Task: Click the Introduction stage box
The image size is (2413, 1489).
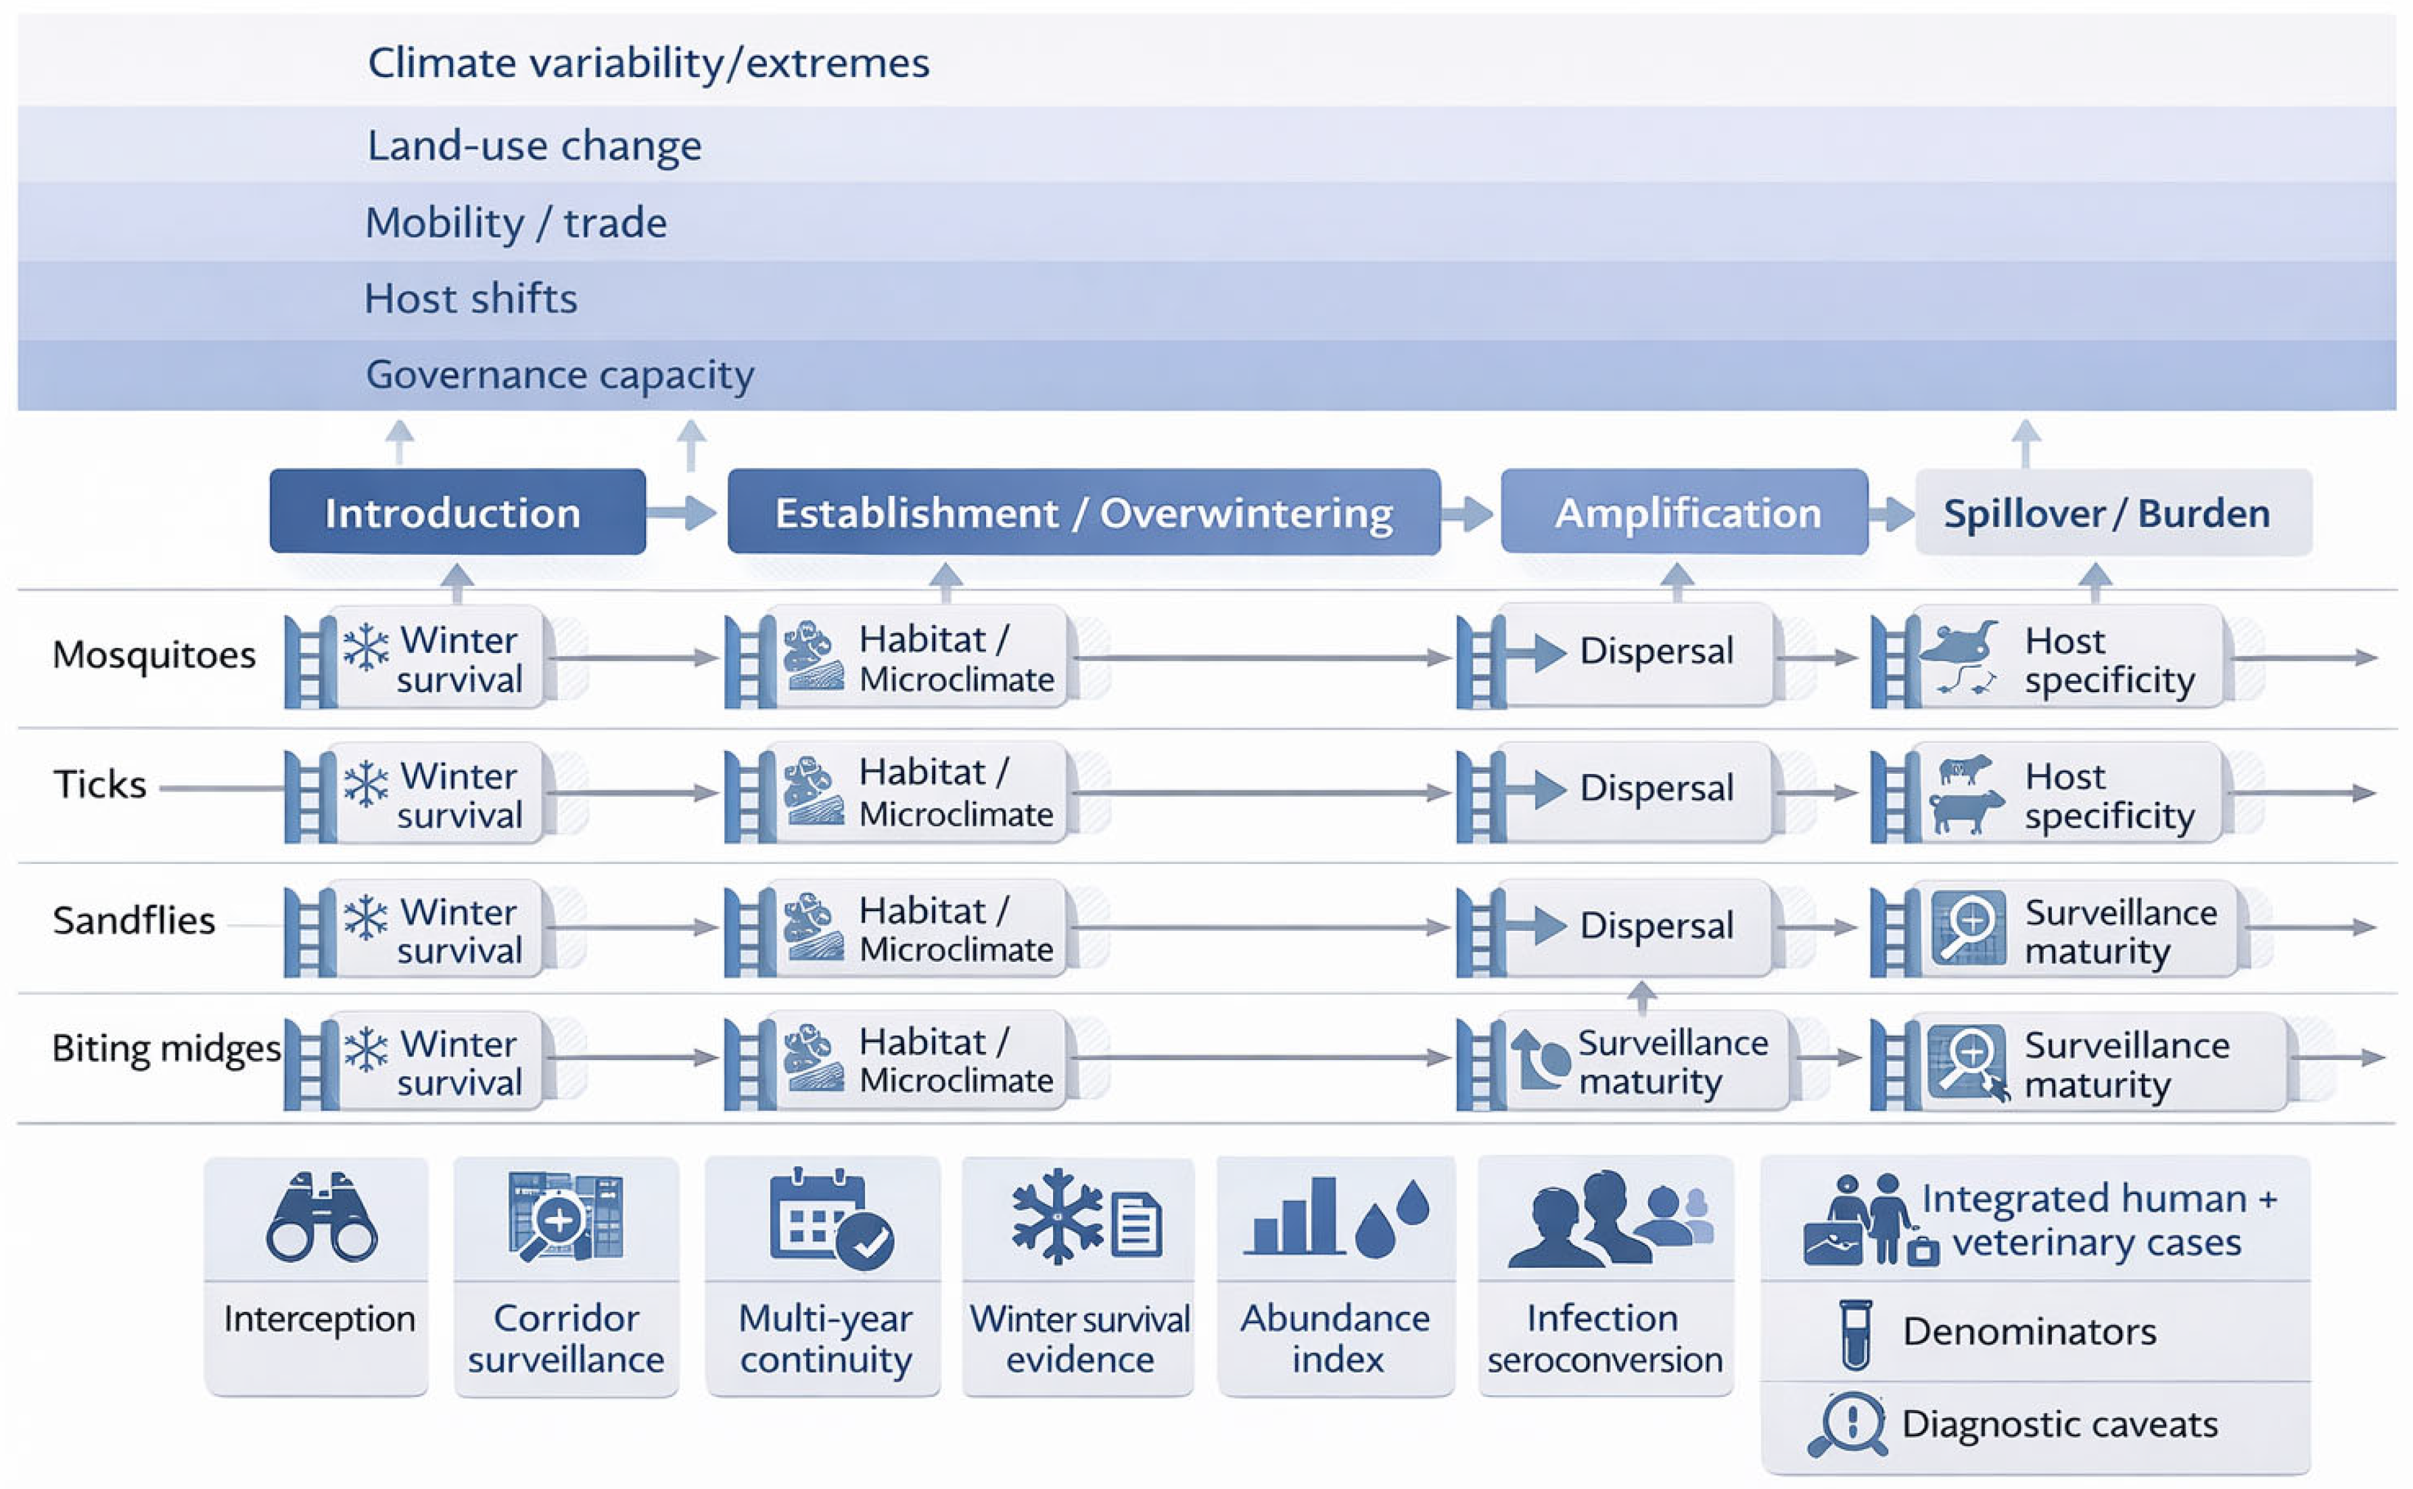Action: pos(456,512)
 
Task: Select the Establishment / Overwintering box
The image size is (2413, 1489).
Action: pos(1083,512)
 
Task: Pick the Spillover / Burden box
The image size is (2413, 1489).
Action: pos(2113,512)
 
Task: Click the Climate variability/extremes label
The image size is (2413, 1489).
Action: pos(648,63)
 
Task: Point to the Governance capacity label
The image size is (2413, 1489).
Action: pos(559,374)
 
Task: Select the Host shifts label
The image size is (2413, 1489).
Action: pos(471,298)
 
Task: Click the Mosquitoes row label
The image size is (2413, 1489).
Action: pos(154,655)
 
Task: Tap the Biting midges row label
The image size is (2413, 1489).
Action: pos(166,1048)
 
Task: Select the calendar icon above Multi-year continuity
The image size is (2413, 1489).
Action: pos(830,1219)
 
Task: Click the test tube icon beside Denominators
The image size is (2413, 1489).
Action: pos(1855,1333)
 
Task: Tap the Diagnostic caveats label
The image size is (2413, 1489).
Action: pos(2059,1424)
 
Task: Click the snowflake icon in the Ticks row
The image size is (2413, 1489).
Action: pos(365,785)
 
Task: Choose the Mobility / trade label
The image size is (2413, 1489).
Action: pos(516,223)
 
